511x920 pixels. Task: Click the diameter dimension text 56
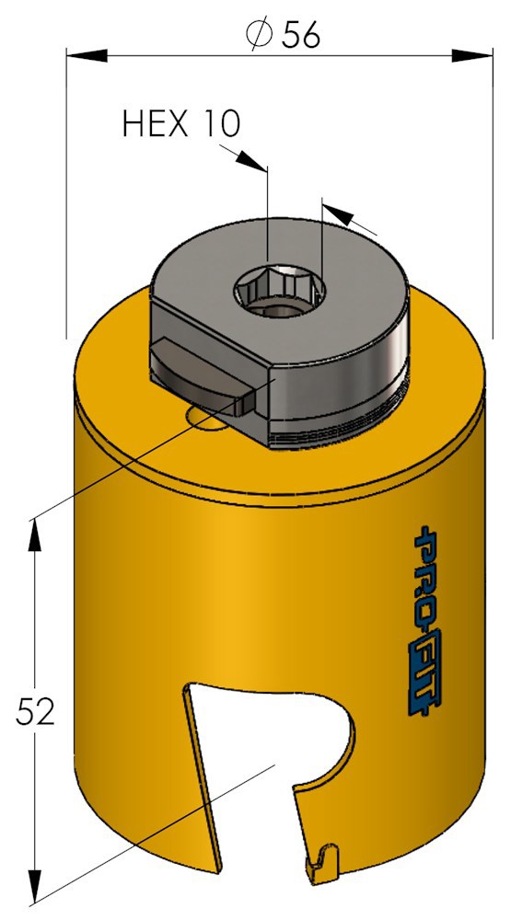[301, 36]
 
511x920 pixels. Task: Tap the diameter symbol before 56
[259, 36]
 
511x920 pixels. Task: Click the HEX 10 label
[180, 124]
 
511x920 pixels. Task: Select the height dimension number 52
[35, 711]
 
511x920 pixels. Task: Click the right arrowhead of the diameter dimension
[472, 56]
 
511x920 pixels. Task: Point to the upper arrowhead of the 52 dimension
[35, 535]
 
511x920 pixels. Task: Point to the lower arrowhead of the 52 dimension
[36, 886]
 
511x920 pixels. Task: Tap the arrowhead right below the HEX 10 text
[251, 160]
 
